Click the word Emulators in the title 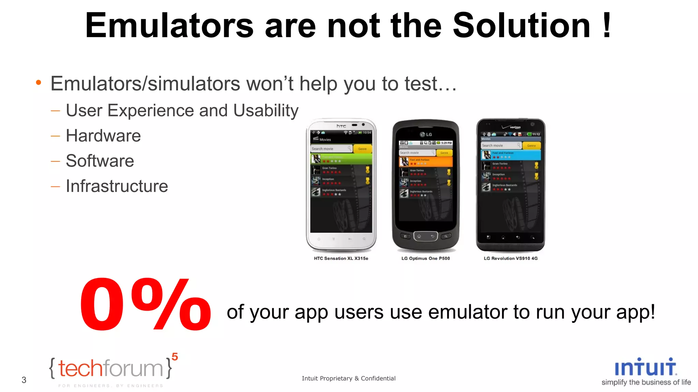pos(169,26)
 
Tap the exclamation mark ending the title pos(607,25)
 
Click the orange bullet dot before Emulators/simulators pos(39,83)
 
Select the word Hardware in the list pos(103,136)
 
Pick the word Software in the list pos(100,161)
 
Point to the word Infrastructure pos(117,186)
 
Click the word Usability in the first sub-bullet pos(266,111)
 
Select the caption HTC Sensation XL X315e pos(341,259)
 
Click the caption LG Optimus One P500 pos(425,259)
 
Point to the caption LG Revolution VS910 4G pos(511,259)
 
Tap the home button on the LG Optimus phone pos(419,236)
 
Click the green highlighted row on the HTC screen pos(341,159)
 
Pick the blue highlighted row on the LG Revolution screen pos(511,155)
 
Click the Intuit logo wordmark pos(646,367)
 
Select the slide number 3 pos(24,380)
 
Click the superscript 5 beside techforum pos(175,357)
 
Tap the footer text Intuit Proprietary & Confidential pos(349,378)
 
